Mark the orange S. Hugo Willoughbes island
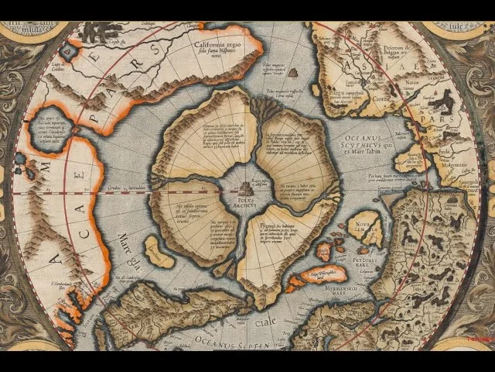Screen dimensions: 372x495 [x=326, y=274]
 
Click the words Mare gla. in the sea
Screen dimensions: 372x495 [x=128, y=239]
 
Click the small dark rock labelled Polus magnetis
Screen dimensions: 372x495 [x=292, y=72]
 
